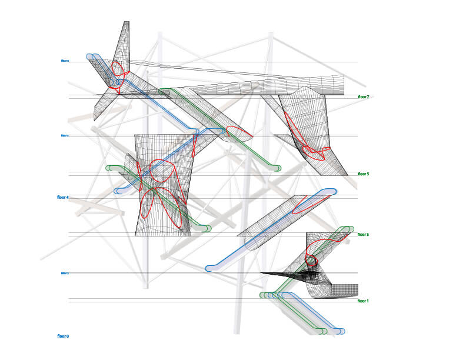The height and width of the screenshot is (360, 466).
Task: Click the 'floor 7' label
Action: [363, 96]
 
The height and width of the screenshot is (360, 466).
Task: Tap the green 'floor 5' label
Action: [363, 174]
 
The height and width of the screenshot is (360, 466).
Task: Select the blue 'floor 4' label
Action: [63, 198]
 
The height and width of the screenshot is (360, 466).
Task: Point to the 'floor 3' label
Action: [363, 235]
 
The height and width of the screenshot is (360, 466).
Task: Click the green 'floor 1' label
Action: [363, 301]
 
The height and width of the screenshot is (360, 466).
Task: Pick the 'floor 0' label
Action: [63, 336]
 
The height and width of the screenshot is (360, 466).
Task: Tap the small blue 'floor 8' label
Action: [65, 61]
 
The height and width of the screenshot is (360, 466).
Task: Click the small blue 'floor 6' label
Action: [65, 135]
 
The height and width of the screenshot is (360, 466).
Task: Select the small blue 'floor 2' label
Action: [65, 273]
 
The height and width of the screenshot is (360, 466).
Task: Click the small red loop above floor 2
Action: [310, 260]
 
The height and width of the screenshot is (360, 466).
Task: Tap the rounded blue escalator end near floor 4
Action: [118, 191]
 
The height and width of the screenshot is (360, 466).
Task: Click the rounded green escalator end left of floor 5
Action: [109, 168]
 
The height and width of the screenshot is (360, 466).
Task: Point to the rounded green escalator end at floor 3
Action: [349, 229]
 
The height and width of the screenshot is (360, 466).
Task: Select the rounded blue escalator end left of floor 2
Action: [209, 268]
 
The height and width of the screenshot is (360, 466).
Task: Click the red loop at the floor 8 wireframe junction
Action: [116, 75]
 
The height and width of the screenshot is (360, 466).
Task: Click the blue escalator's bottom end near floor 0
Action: [341, 331]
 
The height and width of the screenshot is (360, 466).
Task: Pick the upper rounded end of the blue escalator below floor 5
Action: [332, 191]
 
